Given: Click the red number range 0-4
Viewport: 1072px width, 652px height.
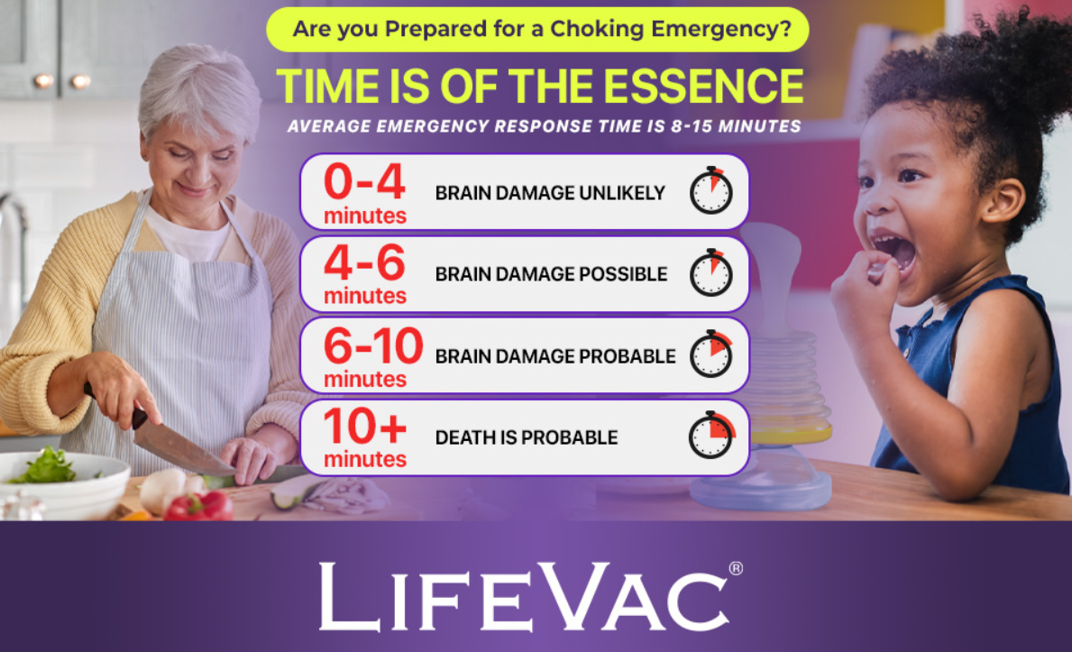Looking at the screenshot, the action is (364, 181).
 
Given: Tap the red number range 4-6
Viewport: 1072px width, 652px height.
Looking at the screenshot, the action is (364, 262).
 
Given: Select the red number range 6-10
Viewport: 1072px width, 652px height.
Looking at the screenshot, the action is (373, 345).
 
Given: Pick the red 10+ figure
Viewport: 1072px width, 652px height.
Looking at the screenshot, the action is (364, 427).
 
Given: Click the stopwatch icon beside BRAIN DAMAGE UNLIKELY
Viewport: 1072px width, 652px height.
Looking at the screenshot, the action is (711, 191).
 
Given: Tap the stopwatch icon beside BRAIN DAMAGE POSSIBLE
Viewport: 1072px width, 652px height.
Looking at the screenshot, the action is (711, 273).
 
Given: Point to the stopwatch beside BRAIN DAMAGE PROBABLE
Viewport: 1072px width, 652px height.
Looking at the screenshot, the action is (711, 354).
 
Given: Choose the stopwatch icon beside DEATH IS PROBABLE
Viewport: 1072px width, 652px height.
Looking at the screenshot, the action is (711, 436).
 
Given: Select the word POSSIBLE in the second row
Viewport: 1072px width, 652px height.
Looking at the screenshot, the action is (623, 274).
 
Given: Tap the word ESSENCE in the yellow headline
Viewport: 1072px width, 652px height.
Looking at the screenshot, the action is (703, 87).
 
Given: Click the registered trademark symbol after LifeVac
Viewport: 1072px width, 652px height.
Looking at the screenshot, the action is (736, 568).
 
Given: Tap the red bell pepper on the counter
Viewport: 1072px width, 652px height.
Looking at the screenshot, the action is (199, 507).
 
